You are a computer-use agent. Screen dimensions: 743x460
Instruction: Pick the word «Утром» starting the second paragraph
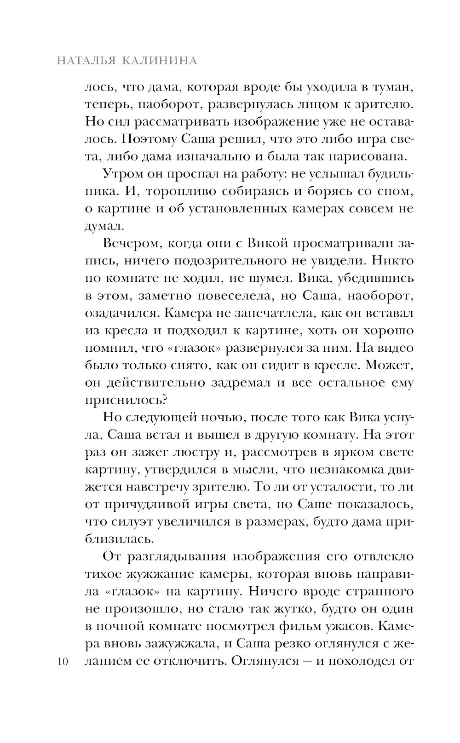point(121,174)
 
